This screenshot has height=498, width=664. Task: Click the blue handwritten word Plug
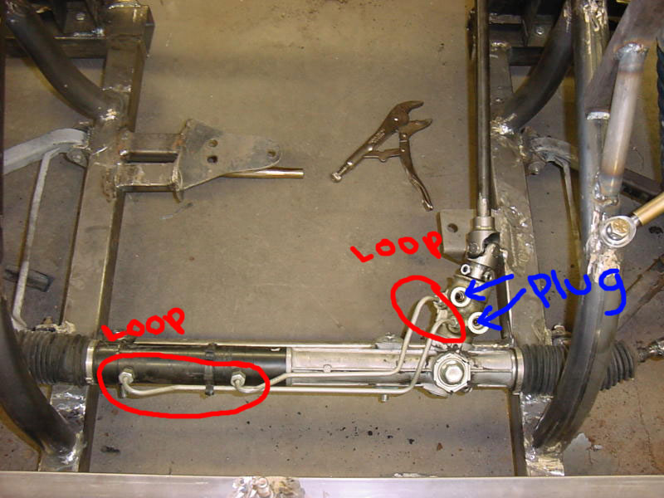(x=578, y=292)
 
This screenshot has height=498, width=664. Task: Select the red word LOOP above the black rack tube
(x=146, y=324)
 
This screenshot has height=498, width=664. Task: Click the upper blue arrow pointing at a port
(x=488, y=285)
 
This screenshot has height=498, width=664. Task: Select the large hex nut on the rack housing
(x=452, y=370)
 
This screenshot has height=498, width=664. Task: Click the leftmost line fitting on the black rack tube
(x=126, y=376)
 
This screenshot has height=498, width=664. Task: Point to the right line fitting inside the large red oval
(x=237, y=378)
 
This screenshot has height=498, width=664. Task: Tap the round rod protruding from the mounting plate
(x=266, y=173)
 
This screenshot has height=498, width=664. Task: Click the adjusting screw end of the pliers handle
(x=337, y=176)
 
